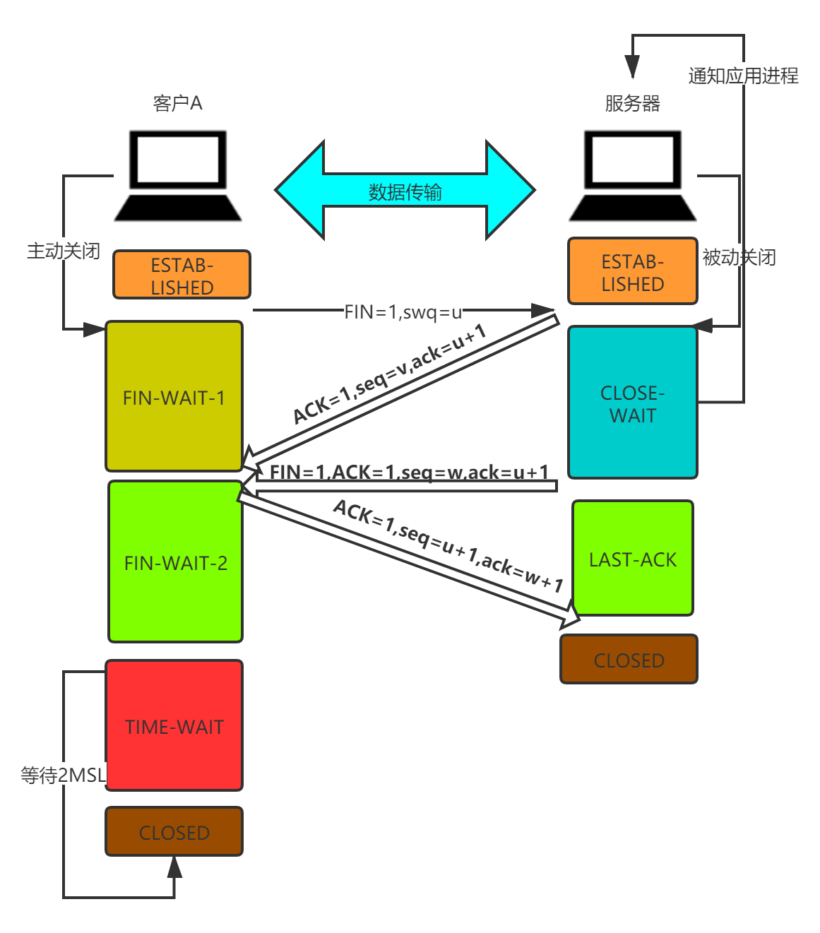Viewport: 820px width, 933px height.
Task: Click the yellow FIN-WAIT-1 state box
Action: point(174,396)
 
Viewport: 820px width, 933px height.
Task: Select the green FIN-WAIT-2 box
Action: point(175,562)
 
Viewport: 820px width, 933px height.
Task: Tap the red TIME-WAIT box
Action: point(174,725)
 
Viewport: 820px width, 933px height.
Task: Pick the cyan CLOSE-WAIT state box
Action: point(633,403)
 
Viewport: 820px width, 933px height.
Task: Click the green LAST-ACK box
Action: point(633,558)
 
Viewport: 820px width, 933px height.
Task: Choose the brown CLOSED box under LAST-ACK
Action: point(629,660)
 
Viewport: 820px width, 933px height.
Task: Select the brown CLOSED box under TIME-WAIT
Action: point(174,832)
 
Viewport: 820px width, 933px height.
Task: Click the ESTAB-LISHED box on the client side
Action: point(182,275)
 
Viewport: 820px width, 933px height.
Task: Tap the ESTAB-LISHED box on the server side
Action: point(633,272)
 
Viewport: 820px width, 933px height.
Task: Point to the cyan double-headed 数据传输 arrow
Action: point(405,191)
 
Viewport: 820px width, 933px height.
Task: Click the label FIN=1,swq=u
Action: point(403,311)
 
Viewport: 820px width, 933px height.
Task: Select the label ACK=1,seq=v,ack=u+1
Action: point(389,374)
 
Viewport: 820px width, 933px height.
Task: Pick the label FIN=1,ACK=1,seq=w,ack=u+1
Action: point(409,472)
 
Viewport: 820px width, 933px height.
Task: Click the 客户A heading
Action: point(178,103)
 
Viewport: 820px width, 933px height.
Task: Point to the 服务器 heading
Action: point(633,103)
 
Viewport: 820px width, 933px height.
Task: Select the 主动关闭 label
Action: point(64,250)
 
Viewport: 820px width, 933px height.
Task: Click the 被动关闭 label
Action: point(739,256)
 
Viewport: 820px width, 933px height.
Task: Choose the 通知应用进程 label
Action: point(743,74)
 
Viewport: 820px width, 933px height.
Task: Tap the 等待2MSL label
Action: point(64,775)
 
